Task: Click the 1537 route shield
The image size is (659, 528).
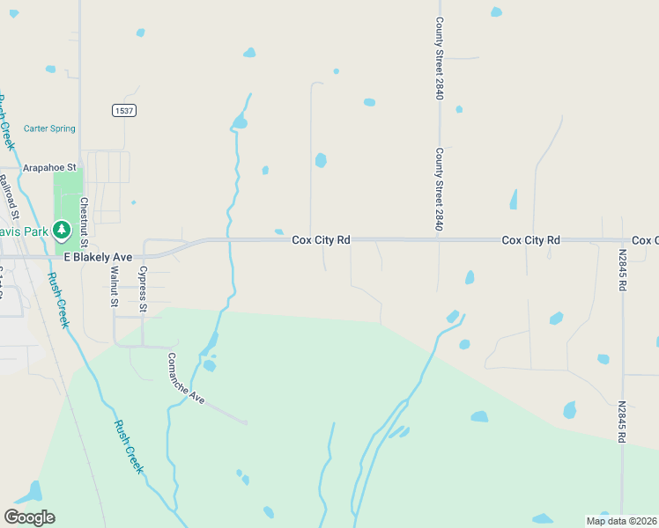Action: [x=123, y=110]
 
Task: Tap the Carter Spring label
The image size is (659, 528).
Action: [x=49, y=128]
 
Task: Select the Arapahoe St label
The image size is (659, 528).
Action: [x=50, y=166]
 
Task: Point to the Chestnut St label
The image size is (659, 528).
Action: [x=85, y=222]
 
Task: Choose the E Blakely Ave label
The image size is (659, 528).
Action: [x=98, y=257]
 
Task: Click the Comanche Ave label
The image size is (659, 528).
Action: [x=186, y=378]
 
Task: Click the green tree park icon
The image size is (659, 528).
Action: [x=61, y=231]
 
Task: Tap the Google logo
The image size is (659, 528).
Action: [x=29, y=517]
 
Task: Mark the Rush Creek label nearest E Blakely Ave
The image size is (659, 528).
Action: [x=58, y=299]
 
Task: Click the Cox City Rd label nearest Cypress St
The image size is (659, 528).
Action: [x=321, y=239]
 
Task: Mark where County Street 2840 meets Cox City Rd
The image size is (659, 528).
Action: [x=439, y=238]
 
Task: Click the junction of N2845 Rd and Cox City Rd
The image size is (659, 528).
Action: [x=623, y=239]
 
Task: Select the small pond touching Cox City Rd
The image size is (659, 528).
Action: [x=278, y=232]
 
